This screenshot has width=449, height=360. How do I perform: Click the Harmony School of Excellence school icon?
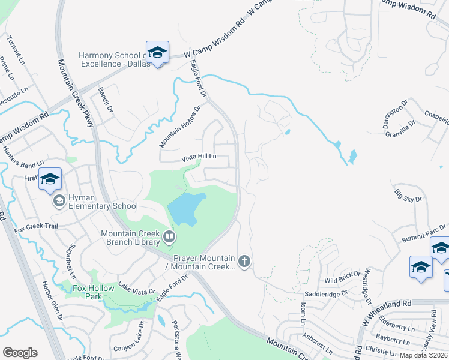tap(157, 53)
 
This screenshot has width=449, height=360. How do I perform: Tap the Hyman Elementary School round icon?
tap(59, 200)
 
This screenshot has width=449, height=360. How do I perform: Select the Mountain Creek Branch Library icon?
tap(169, 238)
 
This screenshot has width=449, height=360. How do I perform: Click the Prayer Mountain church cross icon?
tap(243, 261)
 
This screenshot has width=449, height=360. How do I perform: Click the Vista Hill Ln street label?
tap(199, 158)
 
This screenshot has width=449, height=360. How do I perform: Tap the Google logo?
tap(20, 353)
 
